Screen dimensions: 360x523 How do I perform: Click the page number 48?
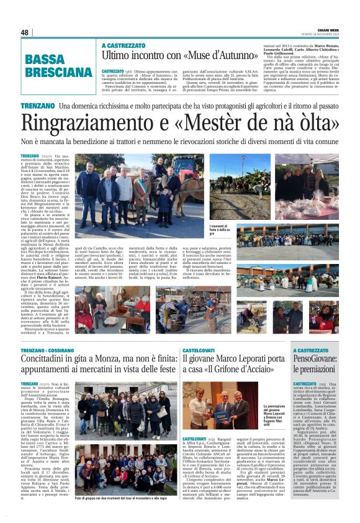(25, 32)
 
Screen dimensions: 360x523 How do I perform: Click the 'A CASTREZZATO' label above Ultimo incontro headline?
(124, 45)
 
